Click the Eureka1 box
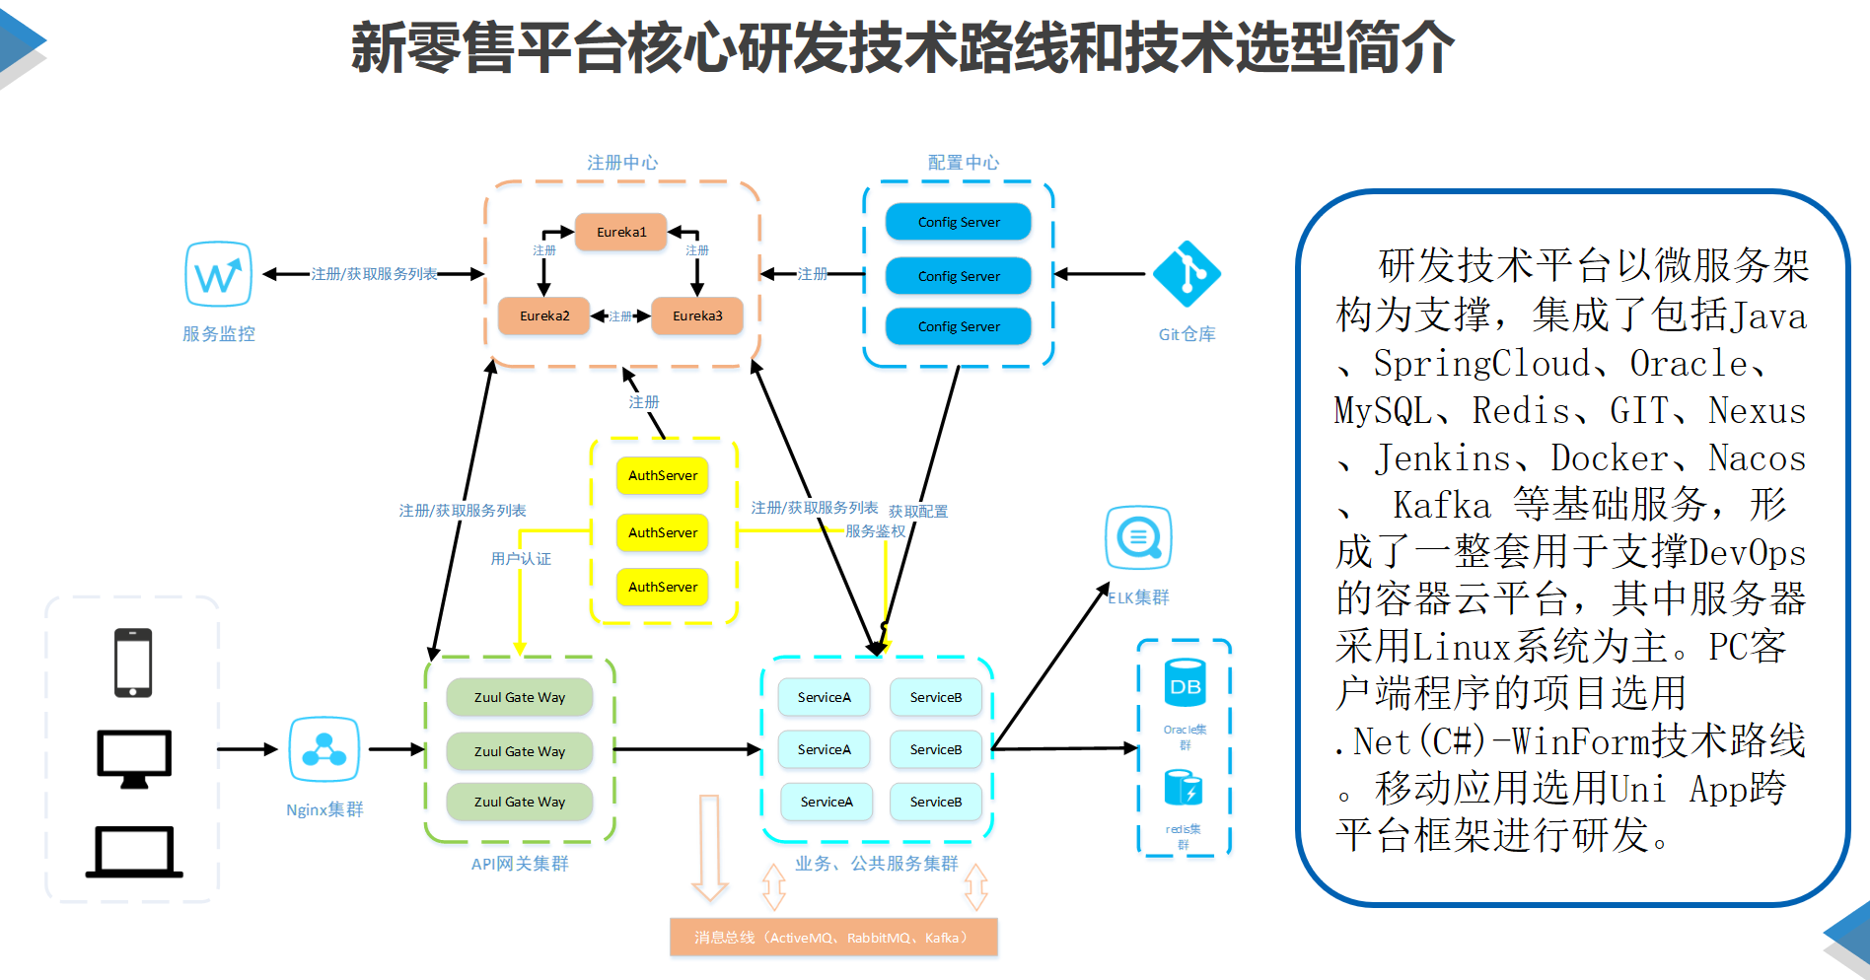[x=621, y=233]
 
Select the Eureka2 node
[x=544, y=316]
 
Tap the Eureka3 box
[x=697, y=316]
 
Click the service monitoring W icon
[x=218, y=274]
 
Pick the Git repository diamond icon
[x=1187, y=273]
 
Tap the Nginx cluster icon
[x=324, y=749]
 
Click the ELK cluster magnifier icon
[x=1138, y=537]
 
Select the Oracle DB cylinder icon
[x=1185, y=683]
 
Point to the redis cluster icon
[x=1184, y=788]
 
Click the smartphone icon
[x=133, y=663]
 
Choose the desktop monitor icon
[x=134, y=758]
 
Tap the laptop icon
[x=134, y=852]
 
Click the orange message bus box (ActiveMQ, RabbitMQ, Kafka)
[x=833, y=938]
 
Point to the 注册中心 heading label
[x=622, y=163]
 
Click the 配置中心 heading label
[x=964, y=163]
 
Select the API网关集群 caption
[x=520, y=864]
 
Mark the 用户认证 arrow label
[x=521, y=559]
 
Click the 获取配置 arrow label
[x=918, y=512]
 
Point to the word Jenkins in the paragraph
[x=1443, y=458]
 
